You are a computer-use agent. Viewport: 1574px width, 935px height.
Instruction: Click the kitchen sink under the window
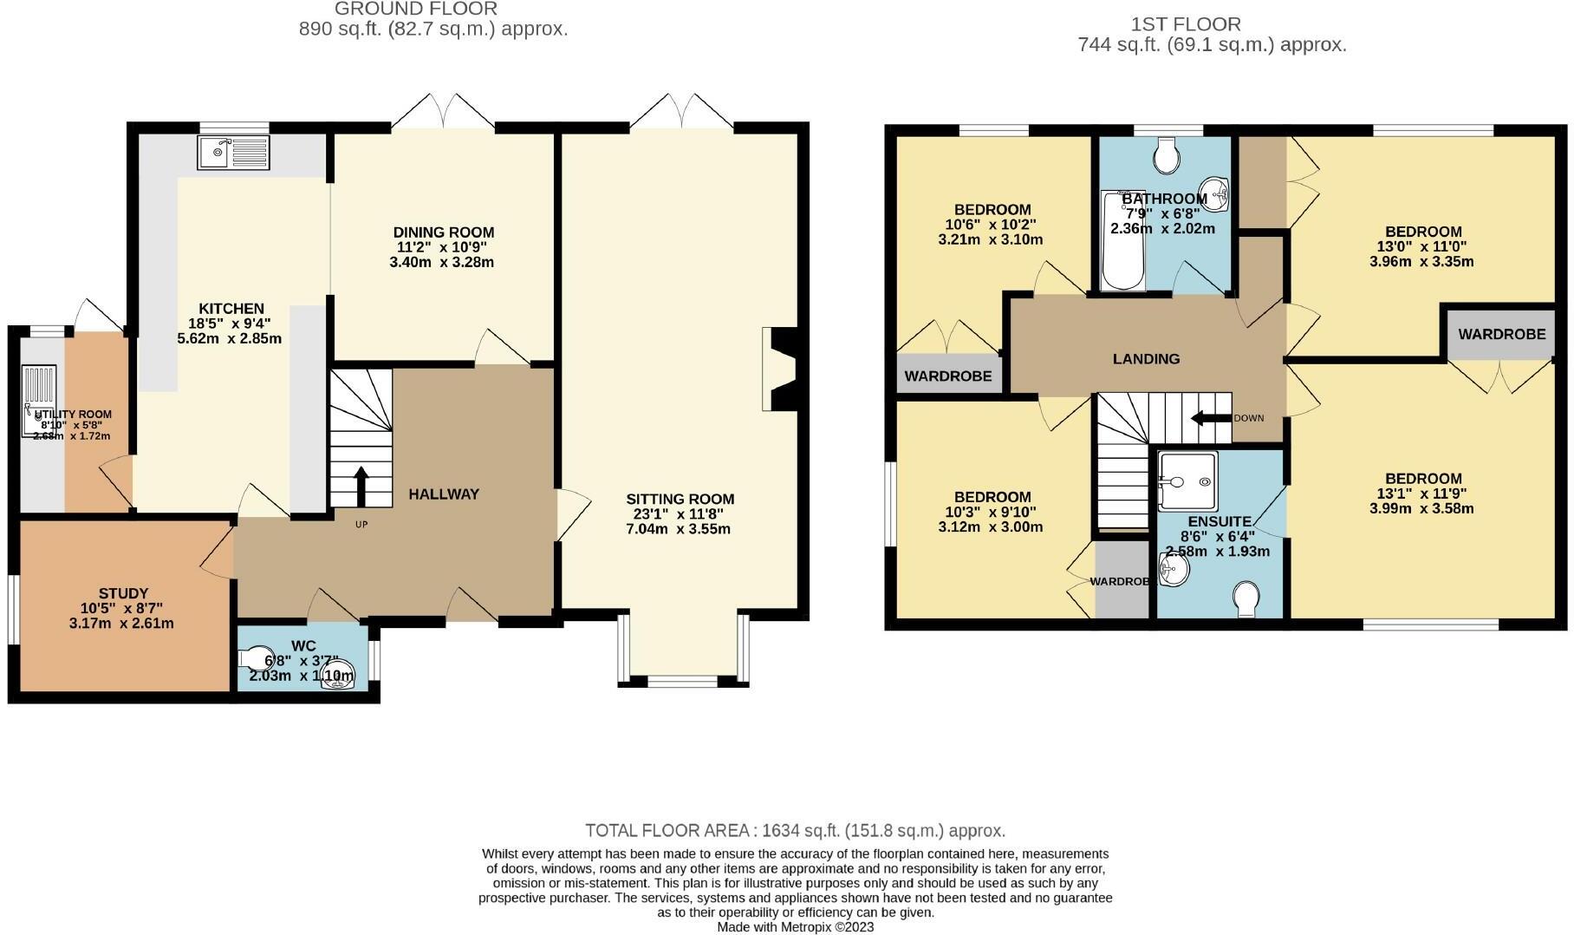click(x=233, y=153)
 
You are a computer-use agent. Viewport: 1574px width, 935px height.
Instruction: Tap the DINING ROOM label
click(x=444, y=232)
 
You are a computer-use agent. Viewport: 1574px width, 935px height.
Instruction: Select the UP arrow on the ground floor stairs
click(x=361, y=486)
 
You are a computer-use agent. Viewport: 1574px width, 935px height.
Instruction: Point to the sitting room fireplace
click(x=779, y=368)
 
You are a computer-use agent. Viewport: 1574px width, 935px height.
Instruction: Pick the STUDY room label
click(x=123, y=594)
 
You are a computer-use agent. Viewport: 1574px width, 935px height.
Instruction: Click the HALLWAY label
click(x=444, y=494)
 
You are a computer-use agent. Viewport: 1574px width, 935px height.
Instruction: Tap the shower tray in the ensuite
click(x=1187, y=481)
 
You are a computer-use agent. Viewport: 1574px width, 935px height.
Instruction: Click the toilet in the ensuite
click(x=1246, y=599)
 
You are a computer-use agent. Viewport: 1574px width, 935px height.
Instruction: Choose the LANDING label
click(x=1146, y=359)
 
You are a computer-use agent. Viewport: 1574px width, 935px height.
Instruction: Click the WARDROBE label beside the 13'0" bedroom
click(x=1501, y=334)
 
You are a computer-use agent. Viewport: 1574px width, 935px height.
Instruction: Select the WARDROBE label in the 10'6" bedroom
click(x=948, y=376)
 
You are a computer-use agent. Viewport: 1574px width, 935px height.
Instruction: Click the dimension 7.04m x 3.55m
click(x=679, y=529)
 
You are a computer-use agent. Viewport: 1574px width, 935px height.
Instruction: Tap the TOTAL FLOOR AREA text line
click(x=795, y=831)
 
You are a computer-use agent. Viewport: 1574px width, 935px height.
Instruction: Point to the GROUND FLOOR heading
click(x=415, y=10)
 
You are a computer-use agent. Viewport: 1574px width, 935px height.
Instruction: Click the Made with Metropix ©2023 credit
click(x=795, y=926)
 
